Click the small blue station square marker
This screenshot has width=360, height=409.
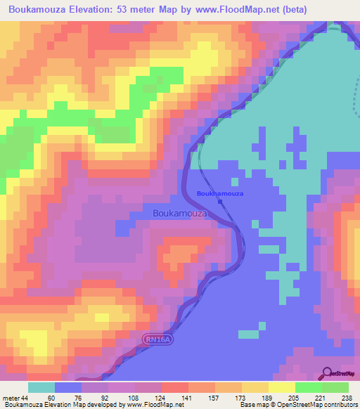(220, 202)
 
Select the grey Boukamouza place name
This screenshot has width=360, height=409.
(180, 213)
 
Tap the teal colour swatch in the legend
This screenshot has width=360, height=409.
(41, 387)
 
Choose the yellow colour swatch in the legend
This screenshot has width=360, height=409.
(281, 387)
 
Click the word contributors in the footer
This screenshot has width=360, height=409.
(340, 405)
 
